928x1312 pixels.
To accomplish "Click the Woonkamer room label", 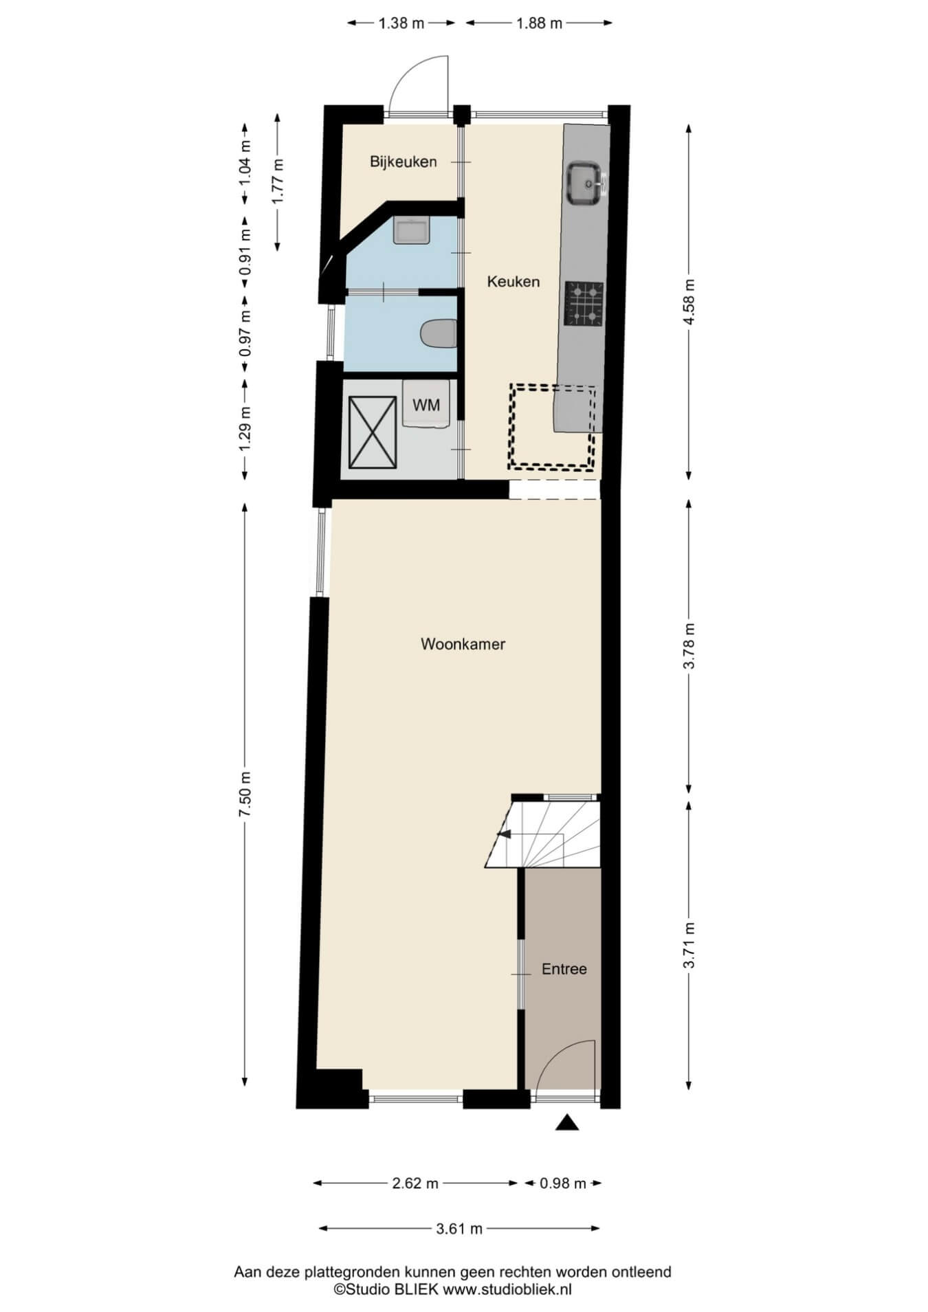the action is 463,644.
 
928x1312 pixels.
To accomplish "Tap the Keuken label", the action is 513,281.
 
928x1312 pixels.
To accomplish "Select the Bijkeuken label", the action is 404,162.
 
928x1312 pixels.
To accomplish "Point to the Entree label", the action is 564,969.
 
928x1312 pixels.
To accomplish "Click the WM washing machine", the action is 426,404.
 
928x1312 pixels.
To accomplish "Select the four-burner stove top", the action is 584,303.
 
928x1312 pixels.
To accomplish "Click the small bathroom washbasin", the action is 412,230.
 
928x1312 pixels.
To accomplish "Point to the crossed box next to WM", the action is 373,432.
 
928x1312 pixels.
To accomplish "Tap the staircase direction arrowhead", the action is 503,834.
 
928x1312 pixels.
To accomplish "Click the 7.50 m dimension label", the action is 245,794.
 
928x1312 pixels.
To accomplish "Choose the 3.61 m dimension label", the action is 459,1228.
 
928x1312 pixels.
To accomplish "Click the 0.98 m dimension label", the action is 563,1183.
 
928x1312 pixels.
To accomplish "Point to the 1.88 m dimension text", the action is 540,23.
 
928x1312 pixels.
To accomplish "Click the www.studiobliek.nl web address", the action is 507,1289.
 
